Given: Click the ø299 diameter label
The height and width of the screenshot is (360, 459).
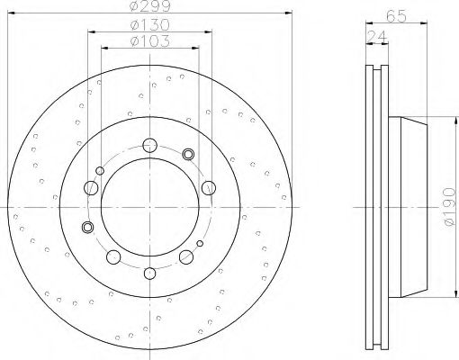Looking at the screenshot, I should pyautogui.click(x=148, y=7).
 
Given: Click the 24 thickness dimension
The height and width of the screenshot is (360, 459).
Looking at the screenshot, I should pyautogui.click(x=373, y=36).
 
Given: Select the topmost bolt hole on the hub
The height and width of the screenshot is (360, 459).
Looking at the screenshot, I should pyautogui.click(x=148, y=144).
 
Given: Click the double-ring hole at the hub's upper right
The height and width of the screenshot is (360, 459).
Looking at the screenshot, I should pyautogui.click(x=188, y=154).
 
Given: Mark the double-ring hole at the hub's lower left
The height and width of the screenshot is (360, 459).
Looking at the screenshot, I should pyautogui.click(x=87, y=226).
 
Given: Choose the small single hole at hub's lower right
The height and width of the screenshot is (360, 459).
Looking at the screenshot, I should pyautogui.click(x=200, y=244).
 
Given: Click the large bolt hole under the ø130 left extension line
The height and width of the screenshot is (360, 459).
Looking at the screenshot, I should pyautogui.click(x=90, y=188).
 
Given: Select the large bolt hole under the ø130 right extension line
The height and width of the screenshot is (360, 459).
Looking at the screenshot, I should pyautogui.click(x=208, y=187).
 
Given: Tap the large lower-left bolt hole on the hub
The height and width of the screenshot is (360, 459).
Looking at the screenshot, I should pyautogui.click(x=113, y=258).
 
